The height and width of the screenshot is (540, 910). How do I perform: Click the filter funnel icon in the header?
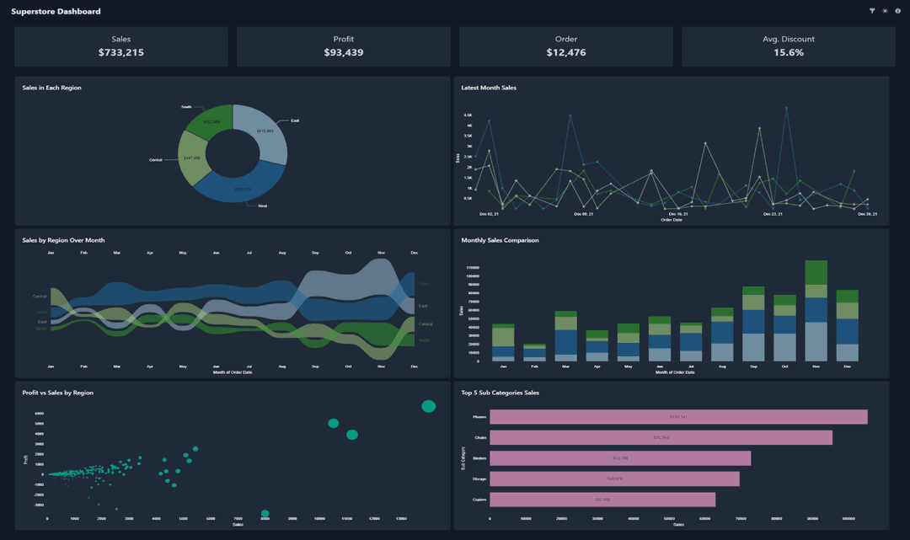click(872, 11)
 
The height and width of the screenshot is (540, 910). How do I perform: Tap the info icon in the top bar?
click(897, 11)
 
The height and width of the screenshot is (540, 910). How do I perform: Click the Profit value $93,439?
click(343, 52)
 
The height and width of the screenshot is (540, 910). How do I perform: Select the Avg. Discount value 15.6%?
click(789, 52)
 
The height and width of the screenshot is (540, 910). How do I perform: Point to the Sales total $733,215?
click(121, 52)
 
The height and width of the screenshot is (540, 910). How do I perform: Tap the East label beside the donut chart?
click(295, 120)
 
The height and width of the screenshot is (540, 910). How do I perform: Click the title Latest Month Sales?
click(489, 88)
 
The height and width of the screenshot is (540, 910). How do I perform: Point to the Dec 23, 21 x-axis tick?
click(773, 214)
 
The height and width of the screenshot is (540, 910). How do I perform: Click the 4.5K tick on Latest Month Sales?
click(468, 115)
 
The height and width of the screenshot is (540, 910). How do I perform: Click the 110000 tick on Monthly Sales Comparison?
click(472, 267)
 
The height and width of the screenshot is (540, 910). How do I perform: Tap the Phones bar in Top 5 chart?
click(678, 417)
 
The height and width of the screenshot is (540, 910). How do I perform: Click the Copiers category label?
click(479, 500)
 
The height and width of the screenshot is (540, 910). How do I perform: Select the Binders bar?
click(619, 458)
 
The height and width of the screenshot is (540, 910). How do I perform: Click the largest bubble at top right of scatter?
click(428, 406)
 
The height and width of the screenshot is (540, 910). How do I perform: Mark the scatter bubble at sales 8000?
click(265, 513)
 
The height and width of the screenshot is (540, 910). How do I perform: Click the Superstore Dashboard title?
click(56, 12)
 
